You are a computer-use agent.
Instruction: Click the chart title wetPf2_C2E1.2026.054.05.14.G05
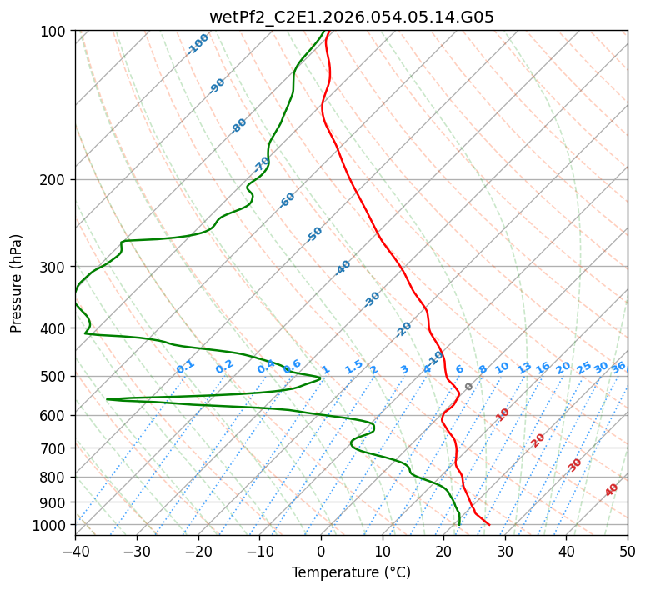[x=351, y=16]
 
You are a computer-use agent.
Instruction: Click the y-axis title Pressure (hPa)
[x=17, y=282]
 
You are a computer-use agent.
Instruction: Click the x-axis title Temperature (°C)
[x=351, y=572]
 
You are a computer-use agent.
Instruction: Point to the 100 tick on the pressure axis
[x=54, y=32]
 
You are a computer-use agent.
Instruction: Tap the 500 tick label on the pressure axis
[x=54, y=377]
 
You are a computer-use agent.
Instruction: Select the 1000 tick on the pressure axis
[x=51, y=526]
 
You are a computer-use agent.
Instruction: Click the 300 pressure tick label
[x=54, y=267]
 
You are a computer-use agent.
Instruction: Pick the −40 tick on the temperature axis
[x=75, y=551]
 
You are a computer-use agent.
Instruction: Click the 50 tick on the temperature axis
[x=628, y=551]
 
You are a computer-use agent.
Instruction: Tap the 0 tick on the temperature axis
[x=321, y=551]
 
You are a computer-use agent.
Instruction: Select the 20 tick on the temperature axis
[x=443, y=551]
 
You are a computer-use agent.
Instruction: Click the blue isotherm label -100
[x=198, y=43]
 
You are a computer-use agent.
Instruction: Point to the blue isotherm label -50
[x=314, y=234]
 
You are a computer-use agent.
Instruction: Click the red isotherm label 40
[x=612, y=490]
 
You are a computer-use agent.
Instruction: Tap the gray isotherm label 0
[x=469, y=387]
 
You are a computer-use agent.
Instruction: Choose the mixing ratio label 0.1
[x=185, y=366]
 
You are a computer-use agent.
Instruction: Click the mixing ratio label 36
[x=618, y=367]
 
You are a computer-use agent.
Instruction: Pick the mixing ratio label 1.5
[x=354, y=366]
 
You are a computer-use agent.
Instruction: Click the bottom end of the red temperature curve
[x=489, y=525]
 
